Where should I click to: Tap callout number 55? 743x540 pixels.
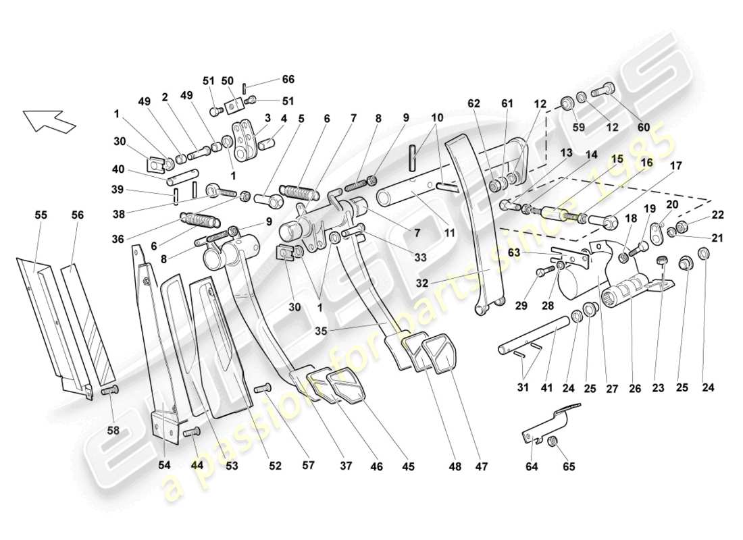click(41, 214)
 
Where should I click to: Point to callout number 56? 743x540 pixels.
click(77, 214)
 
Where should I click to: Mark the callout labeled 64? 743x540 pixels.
click(533, 466)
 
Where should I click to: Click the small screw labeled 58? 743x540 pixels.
click(109, 391)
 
